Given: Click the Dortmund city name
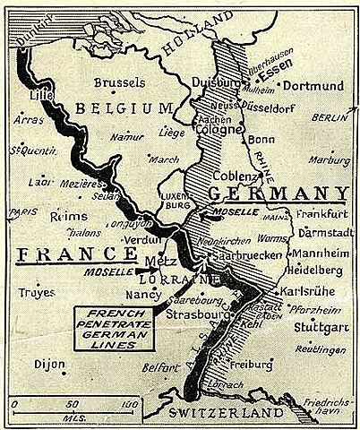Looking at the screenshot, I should tap(313, 86).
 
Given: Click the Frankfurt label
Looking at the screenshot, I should tap(320, 217).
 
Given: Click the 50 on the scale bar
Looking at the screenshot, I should tap(71, 403).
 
